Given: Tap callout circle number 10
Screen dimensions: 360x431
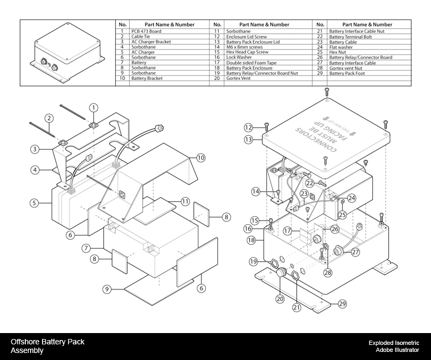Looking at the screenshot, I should tap(201, 158).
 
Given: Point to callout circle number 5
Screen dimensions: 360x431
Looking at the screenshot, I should tap(34, 203).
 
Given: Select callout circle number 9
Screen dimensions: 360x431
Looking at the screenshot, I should tap(108, 289).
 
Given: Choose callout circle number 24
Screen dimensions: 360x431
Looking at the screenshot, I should tap(351, 198).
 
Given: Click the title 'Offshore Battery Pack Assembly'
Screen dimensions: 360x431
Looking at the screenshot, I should tap(47, 345).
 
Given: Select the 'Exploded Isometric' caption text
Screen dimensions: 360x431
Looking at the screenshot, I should tap(393, 342).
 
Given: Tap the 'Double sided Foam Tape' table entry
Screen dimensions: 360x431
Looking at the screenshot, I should tap(251, 63).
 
